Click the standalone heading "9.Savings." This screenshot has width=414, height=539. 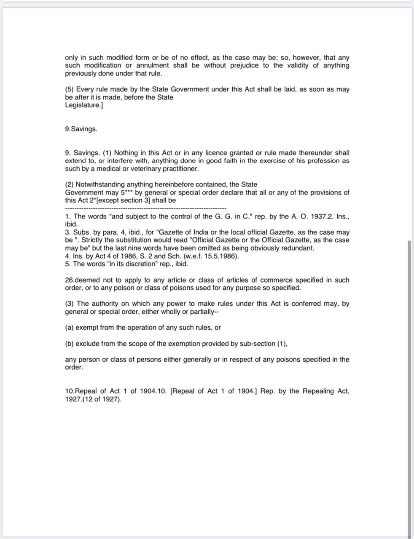(x=81, y=129)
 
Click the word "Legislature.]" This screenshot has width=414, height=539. (x=84, y=105)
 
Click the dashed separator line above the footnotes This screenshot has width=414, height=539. (x=145, y=208)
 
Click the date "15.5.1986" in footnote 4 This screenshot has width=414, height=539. (x=221, y=256)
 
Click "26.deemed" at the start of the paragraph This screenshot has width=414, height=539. (x=82, y=280)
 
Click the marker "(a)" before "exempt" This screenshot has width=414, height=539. (x=70, y=328)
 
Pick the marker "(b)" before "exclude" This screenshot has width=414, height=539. (x=70, y=344)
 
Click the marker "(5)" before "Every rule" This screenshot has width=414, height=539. (x=70, y=89)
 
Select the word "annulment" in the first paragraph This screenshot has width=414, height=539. (x=153, y=65)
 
